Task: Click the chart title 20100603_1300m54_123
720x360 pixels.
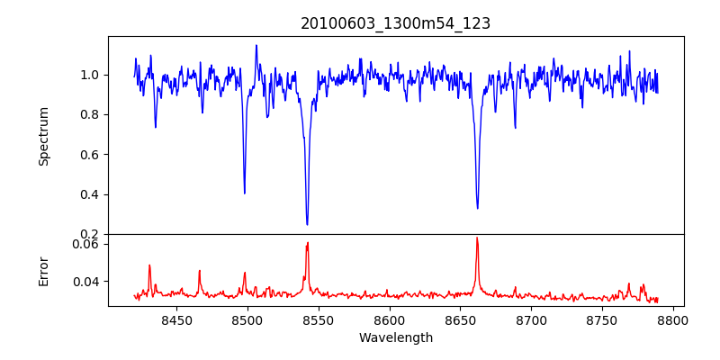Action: click(395, 24)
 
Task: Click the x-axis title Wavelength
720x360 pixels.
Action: click(395, 337)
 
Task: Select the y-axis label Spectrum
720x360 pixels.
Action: click(43, 136)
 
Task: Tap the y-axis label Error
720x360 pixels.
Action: click(43, 271)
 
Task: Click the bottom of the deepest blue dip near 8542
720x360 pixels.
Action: click(307, 224)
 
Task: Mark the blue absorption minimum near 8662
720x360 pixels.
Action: click(477, 209)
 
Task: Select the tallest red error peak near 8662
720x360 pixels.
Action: click(477, 238)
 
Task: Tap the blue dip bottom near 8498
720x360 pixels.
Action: click(245, 193)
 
